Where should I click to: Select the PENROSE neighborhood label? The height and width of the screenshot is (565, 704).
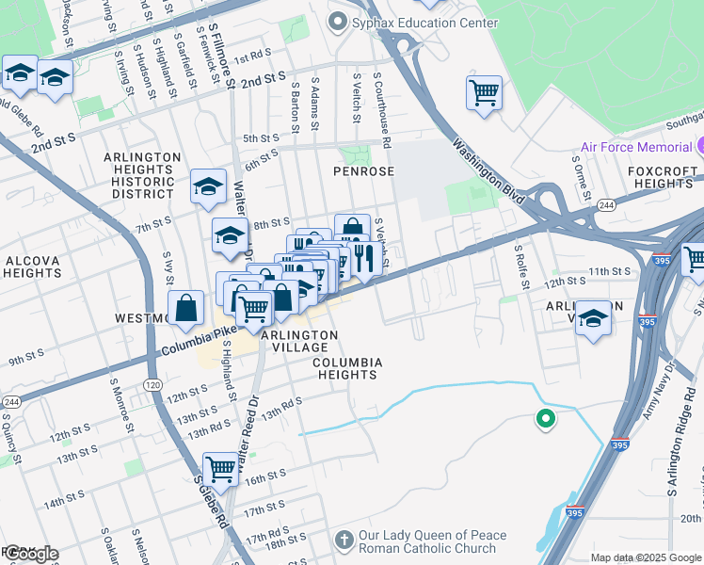pos(362,171)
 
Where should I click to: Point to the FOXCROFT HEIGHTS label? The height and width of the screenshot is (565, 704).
pos(664,178)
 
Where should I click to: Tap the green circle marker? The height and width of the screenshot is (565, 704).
pos(544,419)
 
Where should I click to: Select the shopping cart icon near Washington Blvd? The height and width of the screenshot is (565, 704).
pos(484,94)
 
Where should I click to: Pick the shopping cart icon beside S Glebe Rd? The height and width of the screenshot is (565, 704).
pos(220,468)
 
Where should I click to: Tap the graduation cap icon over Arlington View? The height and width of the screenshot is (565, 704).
pos(593,317)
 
